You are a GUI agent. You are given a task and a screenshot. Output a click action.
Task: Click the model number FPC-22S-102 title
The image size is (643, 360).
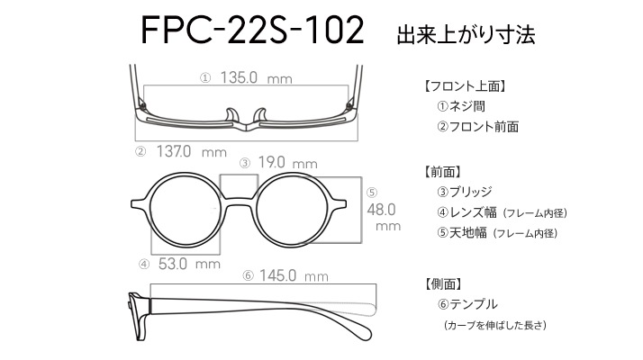[252, 30]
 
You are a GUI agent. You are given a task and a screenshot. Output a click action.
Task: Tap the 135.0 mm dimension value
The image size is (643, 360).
[256, 77]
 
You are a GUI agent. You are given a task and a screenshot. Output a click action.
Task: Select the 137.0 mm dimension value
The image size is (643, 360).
[192, 152]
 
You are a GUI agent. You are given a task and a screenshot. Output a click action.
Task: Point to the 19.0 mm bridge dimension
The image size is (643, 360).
[287, 162]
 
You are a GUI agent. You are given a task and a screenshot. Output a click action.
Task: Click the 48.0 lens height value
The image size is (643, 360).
[381, 210]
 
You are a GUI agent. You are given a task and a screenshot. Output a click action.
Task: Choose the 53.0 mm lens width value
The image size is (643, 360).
[189, 264]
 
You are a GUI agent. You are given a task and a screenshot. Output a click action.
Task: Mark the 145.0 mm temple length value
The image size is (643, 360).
[294, 275]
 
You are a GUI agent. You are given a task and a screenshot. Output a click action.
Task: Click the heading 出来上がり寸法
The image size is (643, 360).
[466, 35]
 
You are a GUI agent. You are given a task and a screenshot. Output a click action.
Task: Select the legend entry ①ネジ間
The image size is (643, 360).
[461, 106]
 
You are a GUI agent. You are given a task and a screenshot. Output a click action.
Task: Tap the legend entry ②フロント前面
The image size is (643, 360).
[477, 126]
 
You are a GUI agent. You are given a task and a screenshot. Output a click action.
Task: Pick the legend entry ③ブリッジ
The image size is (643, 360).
[465, 192]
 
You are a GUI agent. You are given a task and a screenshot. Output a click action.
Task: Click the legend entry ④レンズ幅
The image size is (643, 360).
[466, 212]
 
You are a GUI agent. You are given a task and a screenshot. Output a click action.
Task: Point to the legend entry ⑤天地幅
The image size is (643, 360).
[461, 233]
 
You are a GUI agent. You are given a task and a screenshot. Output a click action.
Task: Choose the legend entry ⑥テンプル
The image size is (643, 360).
[467, 304]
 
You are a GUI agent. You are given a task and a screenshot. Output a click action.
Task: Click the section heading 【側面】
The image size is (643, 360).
[443, 283]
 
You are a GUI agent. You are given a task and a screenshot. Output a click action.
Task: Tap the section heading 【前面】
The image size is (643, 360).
[443, 172]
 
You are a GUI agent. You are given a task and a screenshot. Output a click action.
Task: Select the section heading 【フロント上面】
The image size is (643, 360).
[465, 86]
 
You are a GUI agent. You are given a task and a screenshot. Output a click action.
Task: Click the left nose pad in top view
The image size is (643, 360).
[232, 115]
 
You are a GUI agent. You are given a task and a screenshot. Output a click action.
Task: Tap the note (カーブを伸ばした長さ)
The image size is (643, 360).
[495, 325]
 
